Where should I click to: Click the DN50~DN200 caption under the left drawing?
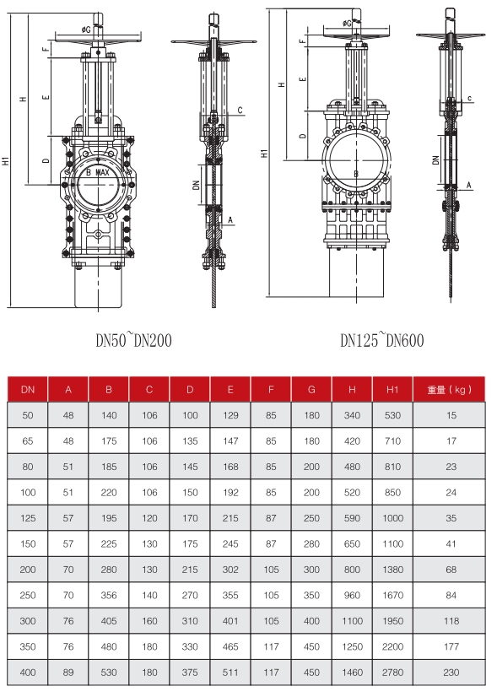pos(133,341)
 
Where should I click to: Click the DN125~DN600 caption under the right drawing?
pos(381,341)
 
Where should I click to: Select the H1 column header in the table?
pos(392,390)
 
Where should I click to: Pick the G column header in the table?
pos(311,390)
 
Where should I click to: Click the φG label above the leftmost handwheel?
pos(86,30)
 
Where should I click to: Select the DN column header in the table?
pos(28,390)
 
